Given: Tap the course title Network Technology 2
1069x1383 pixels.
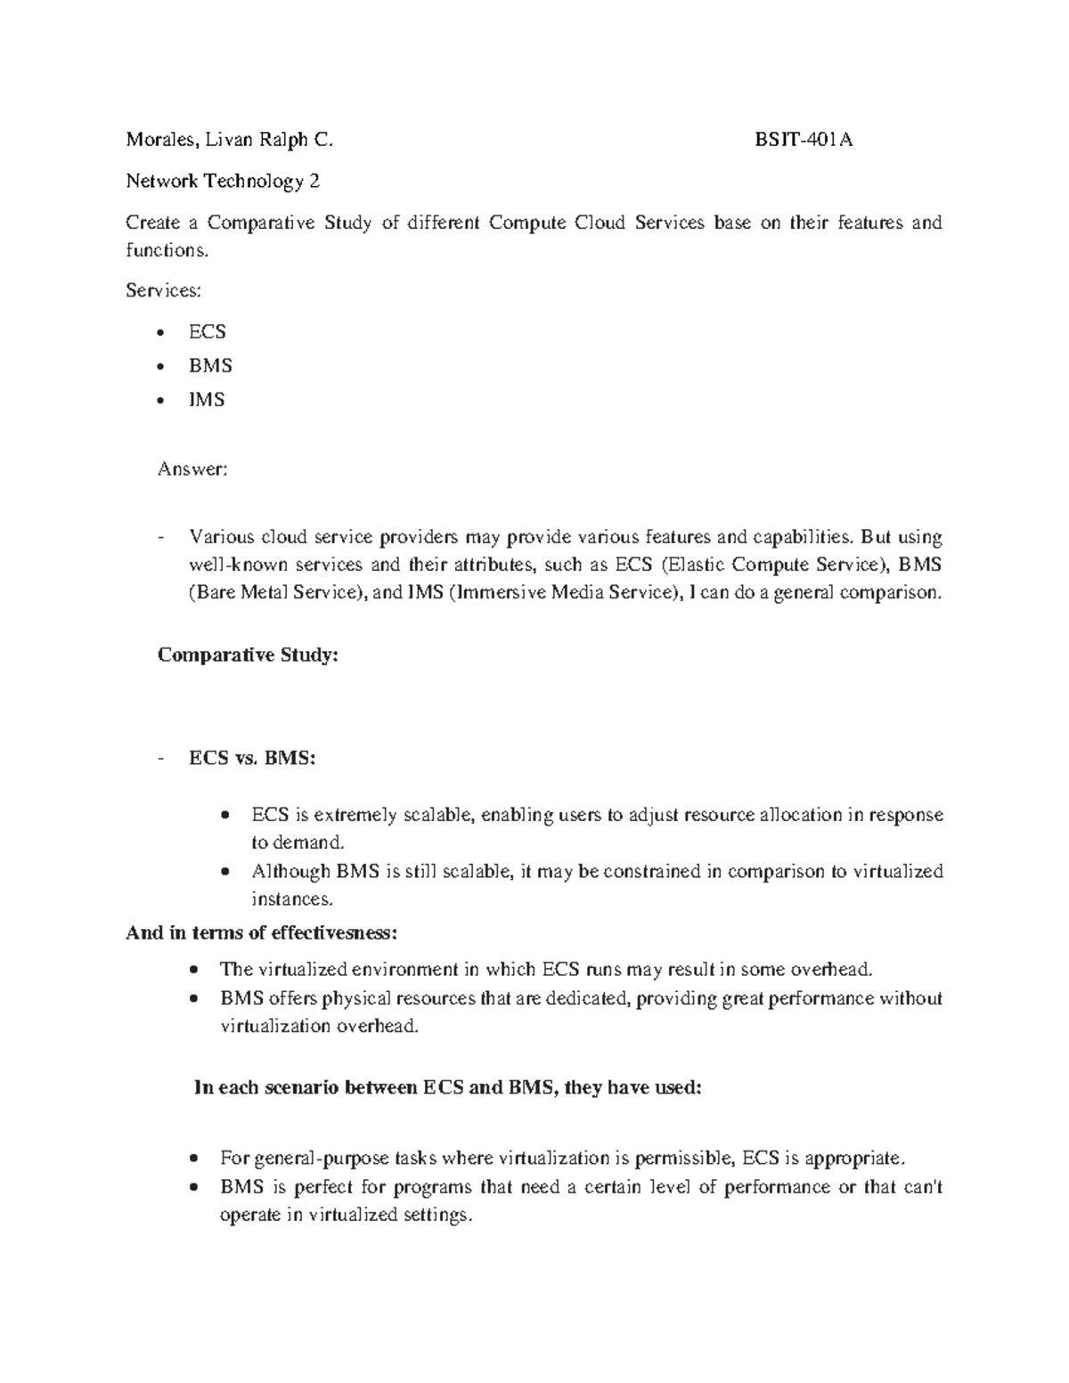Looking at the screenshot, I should click(223, 182).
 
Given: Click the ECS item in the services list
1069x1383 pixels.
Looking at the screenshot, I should click(207, 332).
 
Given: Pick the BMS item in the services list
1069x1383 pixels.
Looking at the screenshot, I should click(209, 366).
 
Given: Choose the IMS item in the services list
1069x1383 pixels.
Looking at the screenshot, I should click(207, 400).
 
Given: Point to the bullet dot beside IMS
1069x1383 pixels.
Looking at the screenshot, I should click(160, 401).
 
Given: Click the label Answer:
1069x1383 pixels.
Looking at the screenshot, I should click(192, 468).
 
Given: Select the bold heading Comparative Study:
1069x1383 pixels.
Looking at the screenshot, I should click(248, 655).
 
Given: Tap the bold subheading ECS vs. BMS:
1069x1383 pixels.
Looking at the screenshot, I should click(252, 759).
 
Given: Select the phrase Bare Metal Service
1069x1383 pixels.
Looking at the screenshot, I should click(273, 592).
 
